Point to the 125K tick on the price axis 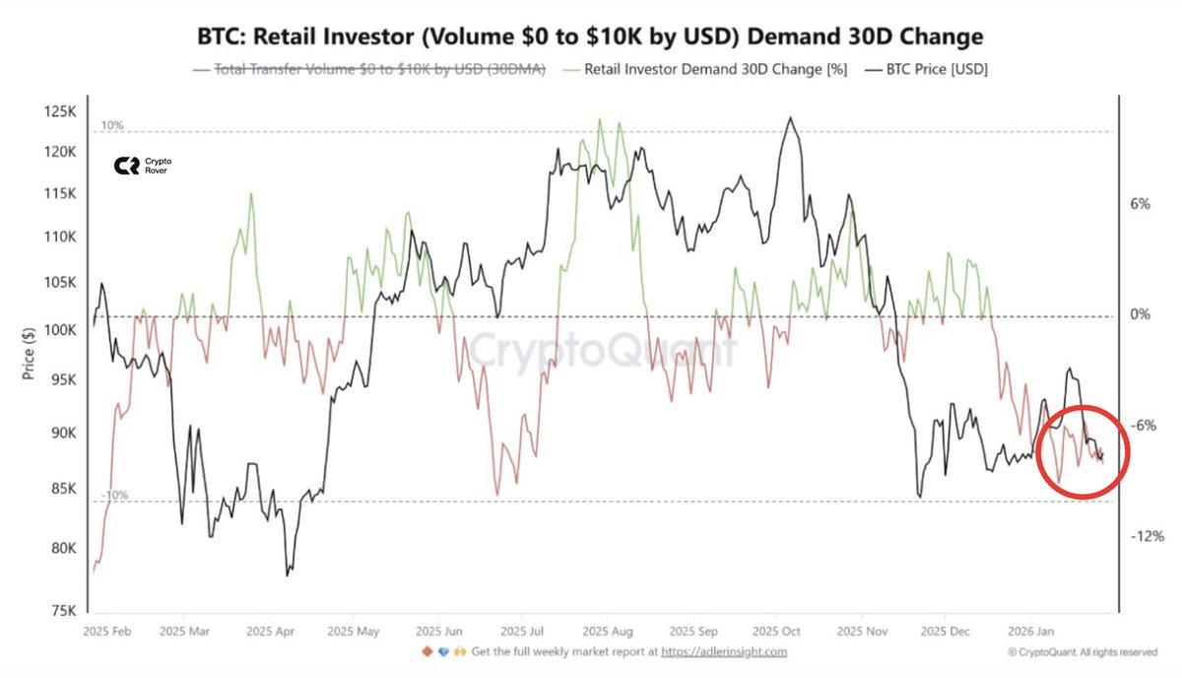tap(59, 112)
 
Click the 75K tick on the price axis tap(62, 611)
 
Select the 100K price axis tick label tap(59, 329)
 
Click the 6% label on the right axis tap(1141, 204)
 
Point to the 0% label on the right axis tap(1141, 315)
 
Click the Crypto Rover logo tap(140, 167)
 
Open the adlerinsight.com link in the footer tap(724, 651)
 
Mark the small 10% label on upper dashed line tap(111, 126)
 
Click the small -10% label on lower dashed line tap(114, 496)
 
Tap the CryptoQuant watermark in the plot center tap(601, 350)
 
